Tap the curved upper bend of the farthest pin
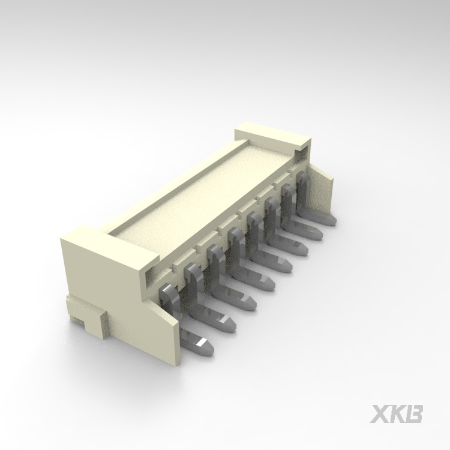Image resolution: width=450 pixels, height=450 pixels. [x=302, y=175]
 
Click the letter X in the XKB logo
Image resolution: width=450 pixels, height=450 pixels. [x=380, y=414]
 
